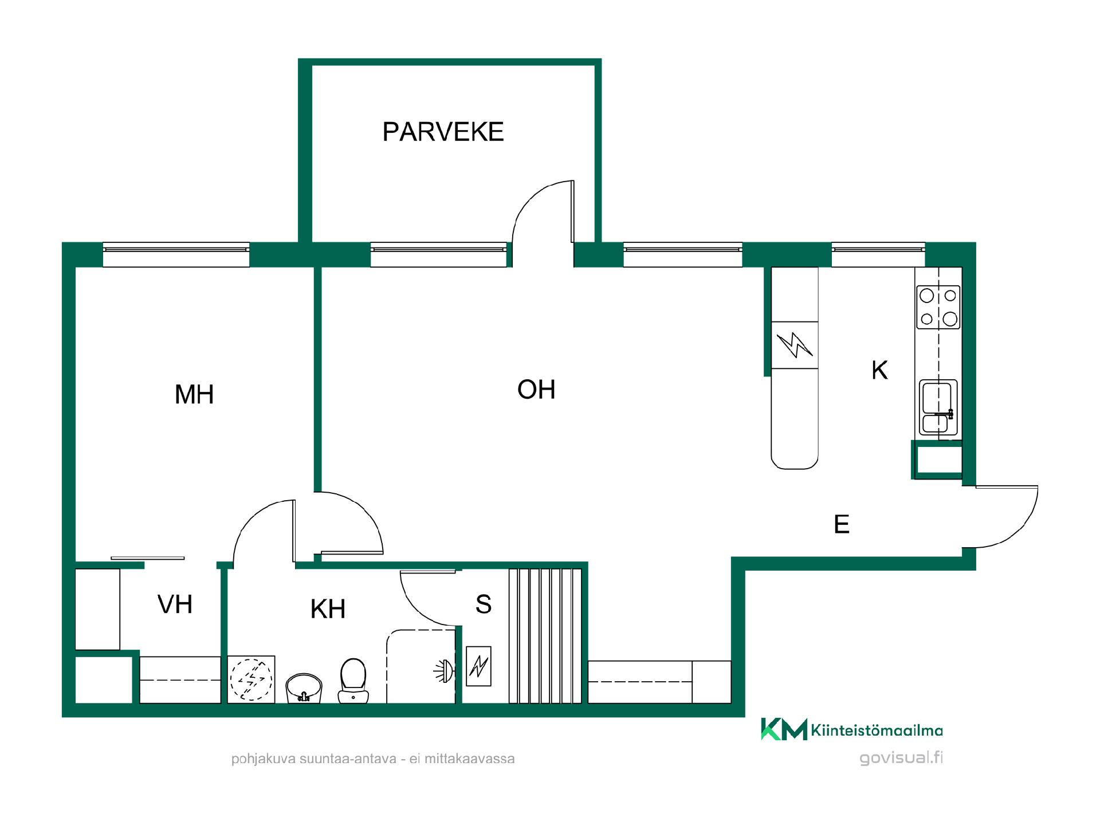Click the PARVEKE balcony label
click(443, 132)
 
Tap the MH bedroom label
click(194, 395)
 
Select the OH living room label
click(536, 390)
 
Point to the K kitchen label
click(879, 371)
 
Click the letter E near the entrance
click(842, 524)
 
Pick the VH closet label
click(175, 604)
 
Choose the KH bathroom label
click(328, 609)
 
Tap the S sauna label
click(484, 604)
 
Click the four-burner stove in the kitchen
click(938, 307)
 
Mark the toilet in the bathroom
click(353, 681)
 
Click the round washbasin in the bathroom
click(304, 687)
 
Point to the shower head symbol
click(445, 670)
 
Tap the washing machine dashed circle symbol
click(251, 679)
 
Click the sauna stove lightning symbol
click(478, 666)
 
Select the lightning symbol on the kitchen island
click(795, 345)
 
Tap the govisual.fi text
click(901, 758)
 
